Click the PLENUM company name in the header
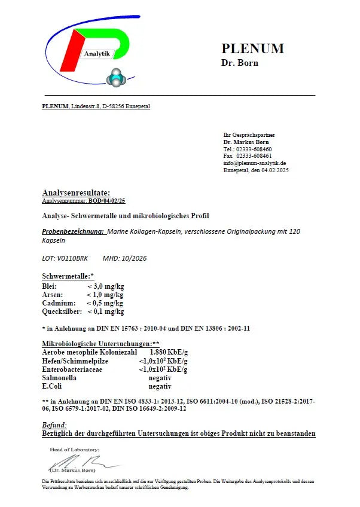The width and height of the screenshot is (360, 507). (252, 48)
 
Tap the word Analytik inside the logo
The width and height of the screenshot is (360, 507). (97, 54)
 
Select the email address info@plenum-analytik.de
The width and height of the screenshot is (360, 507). (254, 163)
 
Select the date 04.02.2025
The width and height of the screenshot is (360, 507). (274, 170)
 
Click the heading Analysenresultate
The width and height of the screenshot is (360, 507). (76, 193)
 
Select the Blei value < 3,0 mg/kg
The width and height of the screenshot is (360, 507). (105, 287)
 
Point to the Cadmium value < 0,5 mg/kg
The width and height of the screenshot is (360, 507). (105, 303)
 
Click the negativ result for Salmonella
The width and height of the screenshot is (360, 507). (160, 378)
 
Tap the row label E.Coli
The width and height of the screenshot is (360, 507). (53, 386)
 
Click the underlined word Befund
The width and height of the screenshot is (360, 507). (54, 424)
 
